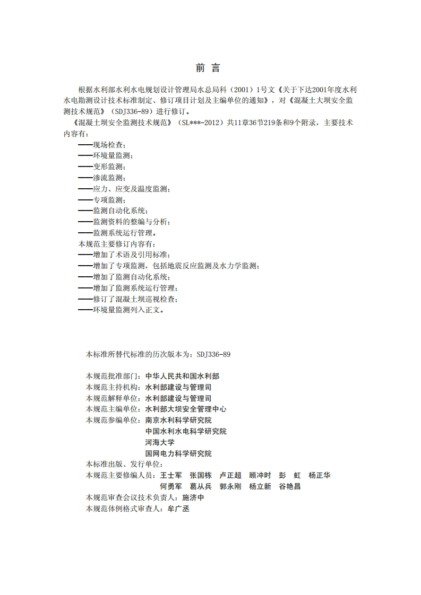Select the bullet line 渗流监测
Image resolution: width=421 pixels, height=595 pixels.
[x=102, y=178]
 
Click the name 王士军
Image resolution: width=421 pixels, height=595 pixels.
[x=171, y=475]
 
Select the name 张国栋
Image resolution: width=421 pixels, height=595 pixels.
[x=201, y=475]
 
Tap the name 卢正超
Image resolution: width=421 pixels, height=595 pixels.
[x=230, y=475]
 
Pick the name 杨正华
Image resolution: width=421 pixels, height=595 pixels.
[x=320, y=475]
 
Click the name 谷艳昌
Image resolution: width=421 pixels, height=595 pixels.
[x=290, y=486]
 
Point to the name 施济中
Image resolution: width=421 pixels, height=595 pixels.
[x=193, y=497]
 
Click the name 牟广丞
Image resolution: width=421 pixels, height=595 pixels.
[x=178, y=509]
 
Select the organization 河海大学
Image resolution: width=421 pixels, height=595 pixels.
[x=160, y=442]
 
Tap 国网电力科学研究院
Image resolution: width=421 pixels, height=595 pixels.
[x=178, y=453]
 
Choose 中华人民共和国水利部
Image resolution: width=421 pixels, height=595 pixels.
[x=182, y=375]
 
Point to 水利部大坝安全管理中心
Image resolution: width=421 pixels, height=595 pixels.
[x=186, y=409]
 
